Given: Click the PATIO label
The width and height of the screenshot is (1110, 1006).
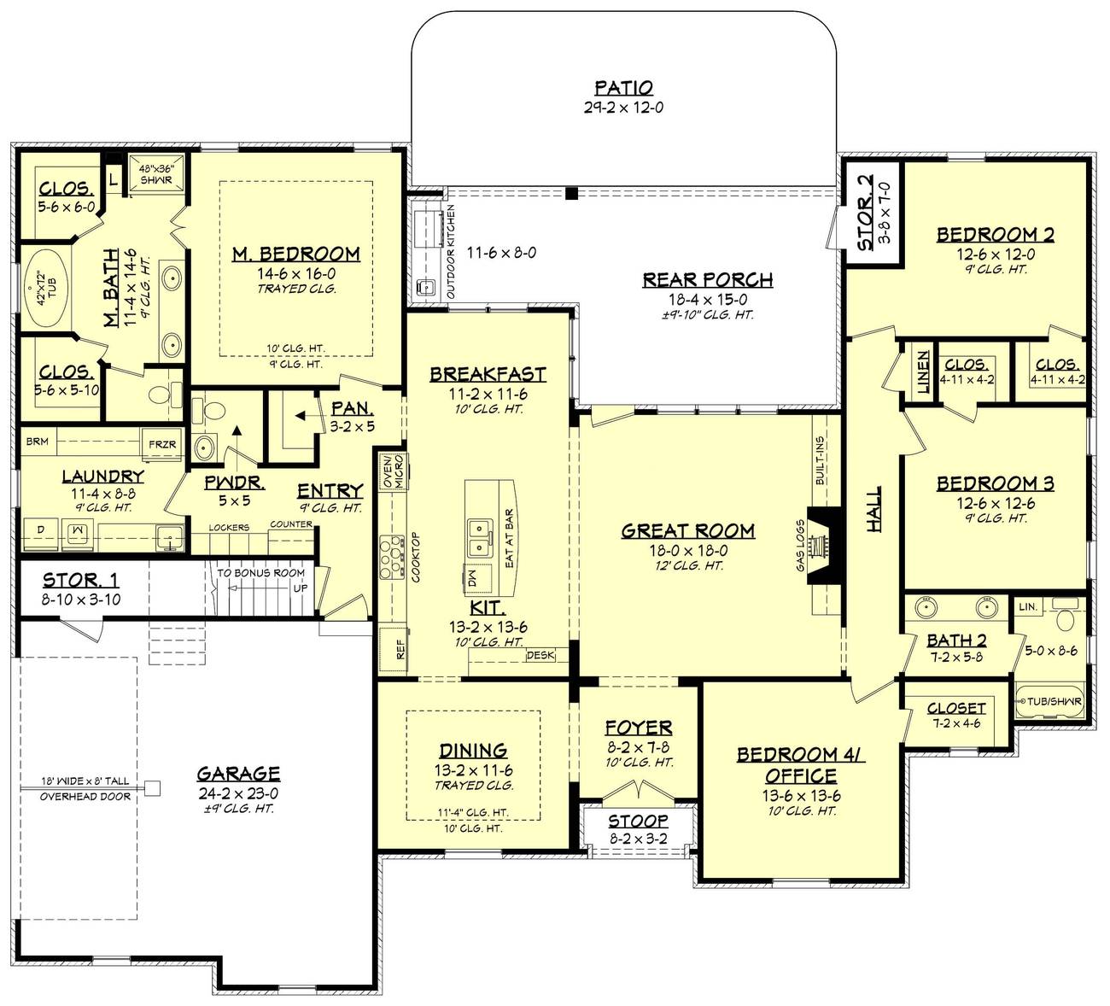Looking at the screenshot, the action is pos(623,87).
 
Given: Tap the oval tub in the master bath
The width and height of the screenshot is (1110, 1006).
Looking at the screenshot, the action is pos(46,288).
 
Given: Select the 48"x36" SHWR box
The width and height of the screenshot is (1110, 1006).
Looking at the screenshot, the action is pos(156,174).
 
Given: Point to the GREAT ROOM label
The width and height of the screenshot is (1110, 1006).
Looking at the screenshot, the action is pos(688,530).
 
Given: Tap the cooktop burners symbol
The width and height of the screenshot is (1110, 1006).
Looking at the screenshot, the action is pos(392,556).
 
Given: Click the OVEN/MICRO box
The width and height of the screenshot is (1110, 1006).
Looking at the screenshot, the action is pos(394,471).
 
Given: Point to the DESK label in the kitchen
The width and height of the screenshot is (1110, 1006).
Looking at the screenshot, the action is pos(540,655).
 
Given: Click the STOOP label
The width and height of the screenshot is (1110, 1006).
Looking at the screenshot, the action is pos(638,821).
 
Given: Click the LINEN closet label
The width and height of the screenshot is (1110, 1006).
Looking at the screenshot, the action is pos(923,371).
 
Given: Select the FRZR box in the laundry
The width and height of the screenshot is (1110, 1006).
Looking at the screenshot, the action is pos(162,444).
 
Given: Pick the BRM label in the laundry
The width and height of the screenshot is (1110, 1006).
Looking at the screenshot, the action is pos(37,442).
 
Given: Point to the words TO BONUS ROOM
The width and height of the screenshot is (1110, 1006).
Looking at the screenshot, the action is pos(260,572).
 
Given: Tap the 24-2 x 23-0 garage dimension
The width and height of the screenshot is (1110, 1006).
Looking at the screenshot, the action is pos(238,793).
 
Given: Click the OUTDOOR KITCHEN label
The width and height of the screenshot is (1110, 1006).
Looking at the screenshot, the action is pos(451,252).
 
